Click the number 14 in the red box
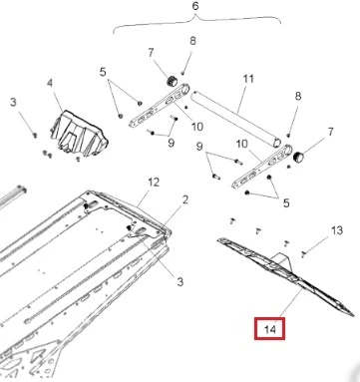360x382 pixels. pos(270,329)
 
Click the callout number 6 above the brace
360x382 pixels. pos(195,6)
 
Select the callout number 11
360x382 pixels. pos(248,79)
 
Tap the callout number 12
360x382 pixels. pos(154,183)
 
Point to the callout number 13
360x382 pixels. pos(337,230)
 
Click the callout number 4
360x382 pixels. pos(50,83)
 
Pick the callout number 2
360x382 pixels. pos(185,199)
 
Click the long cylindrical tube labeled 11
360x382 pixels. pos(236,119)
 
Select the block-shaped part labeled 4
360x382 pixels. pos(79,134)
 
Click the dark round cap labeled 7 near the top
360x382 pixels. pos(172,81)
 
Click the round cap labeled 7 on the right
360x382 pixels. pos(298,157)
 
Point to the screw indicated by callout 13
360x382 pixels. pos(303,254)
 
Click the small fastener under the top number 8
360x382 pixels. pos(182,73)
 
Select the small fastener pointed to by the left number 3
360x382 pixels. pos(34,135)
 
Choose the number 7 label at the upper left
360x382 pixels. pos(152,53)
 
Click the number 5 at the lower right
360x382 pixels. pos(286,202)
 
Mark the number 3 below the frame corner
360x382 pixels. pos(180,282)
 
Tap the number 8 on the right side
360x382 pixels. pos(298,97)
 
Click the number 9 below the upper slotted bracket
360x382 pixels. pos(171,143)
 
